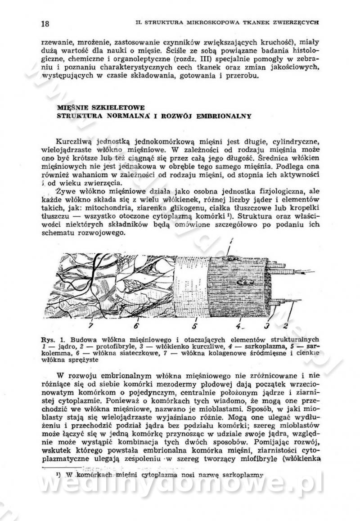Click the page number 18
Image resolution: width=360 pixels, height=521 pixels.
[x=45, y=23]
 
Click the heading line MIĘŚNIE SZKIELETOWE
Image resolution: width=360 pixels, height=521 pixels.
[x=101, y=108]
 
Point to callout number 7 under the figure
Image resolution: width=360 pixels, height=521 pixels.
[x=91, y=325]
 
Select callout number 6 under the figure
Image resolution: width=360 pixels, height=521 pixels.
[x=136, y=325]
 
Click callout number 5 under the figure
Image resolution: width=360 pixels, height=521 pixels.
[x=194, y=325]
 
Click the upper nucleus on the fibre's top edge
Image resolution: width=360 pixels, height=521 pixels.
[x=231, y=258]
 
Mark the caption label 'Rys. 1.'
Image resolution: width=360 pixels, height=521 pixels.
[x=49, y=339]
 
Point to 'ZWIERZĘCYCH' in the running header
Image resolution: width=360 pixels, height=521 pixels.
[x=297, y=21]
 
